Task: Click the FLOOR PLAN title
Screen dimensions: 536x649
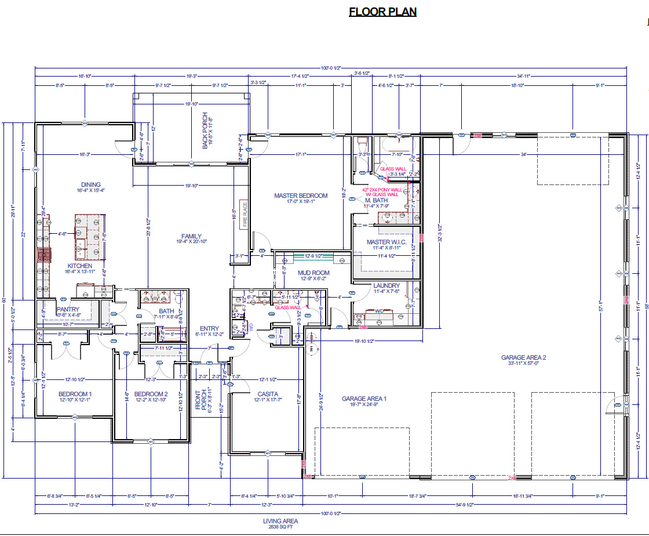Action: (x=382, y=12)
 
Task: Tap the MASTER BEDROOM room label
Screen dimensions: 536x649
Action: (x=301, y=195)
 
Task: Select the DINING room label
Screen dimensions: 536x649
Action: (x=90, y=185)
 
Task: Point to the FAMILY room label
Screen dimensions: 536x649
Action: (x=191, y=236)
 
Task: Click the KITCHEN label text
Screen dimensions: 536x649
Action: (x=79, y=266)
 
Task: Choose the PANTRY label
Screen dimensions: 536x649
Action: (x=68, y=310)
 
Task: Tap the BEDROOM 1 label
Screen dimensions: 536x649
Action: (x=75, y=394)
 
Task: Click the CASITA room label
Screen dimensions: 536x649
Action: (x=267, y=394)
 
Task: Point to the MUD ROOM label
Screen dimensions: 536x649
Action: (x=313, y=273)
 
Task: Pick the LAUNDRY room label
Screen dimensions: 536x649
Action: (x=386, y=285)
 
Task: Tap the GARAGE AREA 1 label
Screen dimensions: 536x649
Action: (x=364, y=399)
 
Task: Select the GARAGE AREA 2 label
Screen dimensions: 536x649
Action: (x=523, y=357)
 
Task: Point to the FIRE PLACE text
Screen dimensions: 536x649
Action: (x=245, y=213)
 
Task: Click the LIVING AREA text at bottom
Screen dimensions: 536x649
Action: (x=280, y=521)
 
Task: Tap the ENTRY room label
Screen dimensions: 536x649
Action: (x=209, y=328)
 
